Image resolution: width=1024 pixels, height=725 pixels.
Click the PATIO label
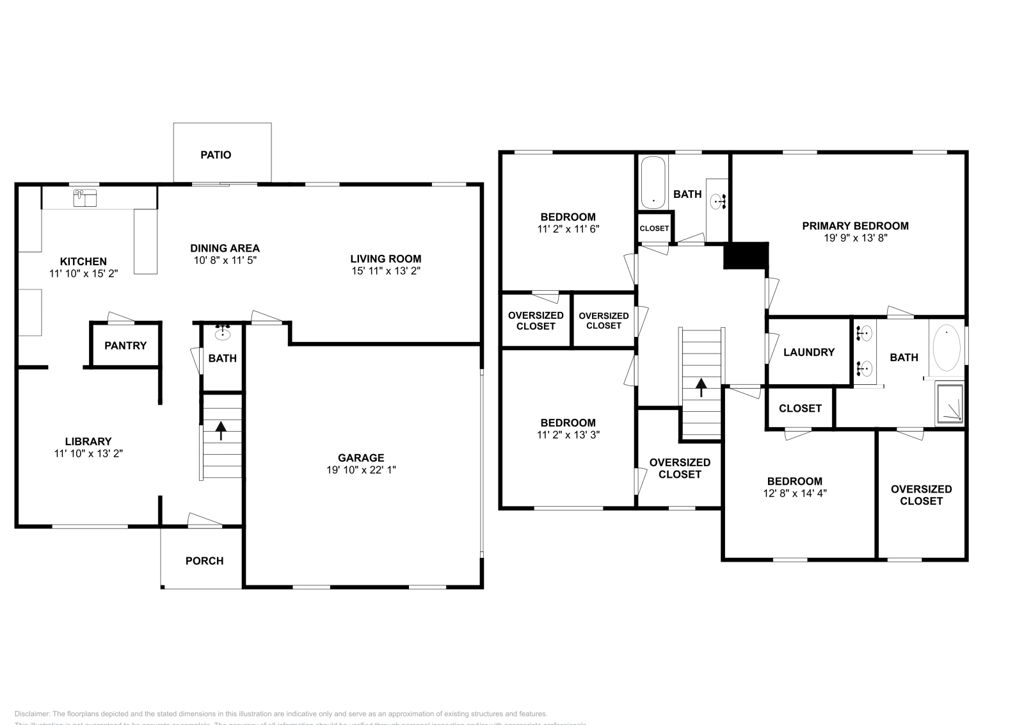216,155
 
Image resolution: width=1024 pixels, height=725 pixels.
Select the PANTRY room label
125,346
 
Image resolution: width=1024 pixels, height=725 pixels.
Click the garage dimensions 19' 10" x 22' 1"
361,469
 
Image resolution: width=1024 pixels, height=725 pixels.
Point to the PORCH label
204,561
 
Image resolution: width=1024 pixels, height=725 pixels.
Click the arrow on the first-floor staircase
221,430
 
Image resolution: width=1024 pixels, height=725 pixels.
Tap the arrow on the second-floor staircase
701,387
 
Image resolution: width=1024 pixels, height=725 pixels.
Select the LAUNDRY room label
809,352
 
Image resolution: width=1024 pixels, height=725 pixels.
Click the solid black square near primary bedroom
746,256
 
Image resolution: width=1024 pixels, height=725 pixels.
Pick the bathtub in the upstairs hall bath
653,183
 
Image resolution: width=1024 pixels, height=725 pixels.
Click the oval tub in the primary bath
947,348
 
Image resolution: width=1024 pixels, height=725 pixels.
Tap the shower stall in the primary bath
950,403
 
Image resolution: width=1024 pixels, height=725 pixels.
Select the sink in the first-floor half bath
223,333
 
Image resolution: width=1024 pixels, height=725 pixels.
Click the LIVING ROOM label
385,259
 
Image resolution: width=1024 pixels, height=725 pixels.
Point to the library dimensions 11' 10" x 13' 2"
88,453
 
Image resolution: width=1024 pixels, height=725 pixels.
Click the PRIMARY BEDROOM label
855,226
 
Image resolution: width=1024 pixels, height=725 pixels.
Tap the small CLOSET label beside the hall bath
654,229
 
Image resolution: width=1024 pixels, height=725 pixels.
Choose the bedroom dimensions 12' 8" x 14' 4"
794,493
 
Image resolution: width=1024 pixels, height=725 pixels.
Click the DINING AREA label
225,248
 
